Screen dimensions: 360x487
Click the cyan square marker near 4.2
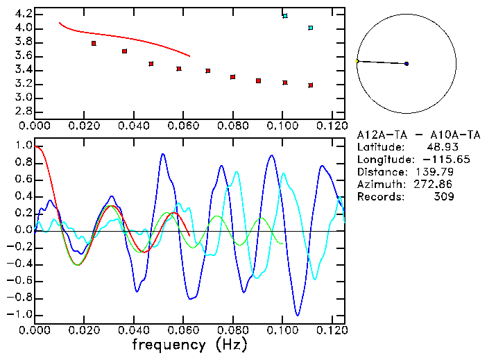click(285, 15)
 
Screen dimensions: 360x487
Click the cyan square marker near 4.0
click(310, 28)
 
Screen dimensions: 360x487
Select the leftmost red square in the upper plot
click(94, 43)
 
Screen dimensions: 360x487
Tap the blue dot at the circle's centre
click(407, 64)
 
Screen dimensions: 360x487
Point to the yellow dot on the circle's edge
click(357, 61)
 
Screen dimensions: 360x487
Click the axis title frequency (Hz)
click(189, 345)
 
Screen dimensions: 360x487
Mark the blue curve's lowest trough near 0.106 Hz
click(298, 316)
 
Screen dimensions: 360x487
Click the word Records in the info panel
click(379, 197)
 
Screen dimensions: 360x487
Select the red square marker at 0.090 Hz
click(258, 80)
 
